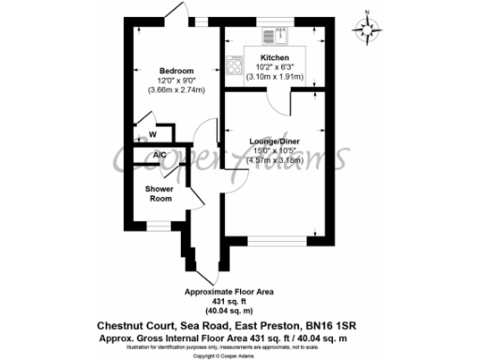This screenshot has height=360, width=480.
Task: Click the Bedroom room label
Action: tap(176, 71)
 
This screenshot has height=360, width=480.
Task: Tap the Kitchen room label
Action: tap(262, 58)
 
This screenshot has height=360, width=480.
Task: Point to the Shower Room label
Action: tap(159, 194)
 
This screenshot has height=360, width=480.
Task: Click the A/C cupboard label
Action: tap(146, 156)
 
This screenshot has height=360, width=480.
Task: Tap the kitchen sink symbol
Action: tap(279, 38)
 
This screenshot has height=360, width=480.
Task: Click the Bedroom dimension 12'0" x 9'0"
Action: tap(176, 81)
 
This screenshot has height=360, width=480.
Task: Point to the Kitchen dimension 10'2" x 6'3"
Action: tap(262, 67)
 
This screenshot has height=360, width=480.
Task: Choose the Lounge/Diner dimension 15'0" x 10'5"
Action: tap(275, 152)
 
